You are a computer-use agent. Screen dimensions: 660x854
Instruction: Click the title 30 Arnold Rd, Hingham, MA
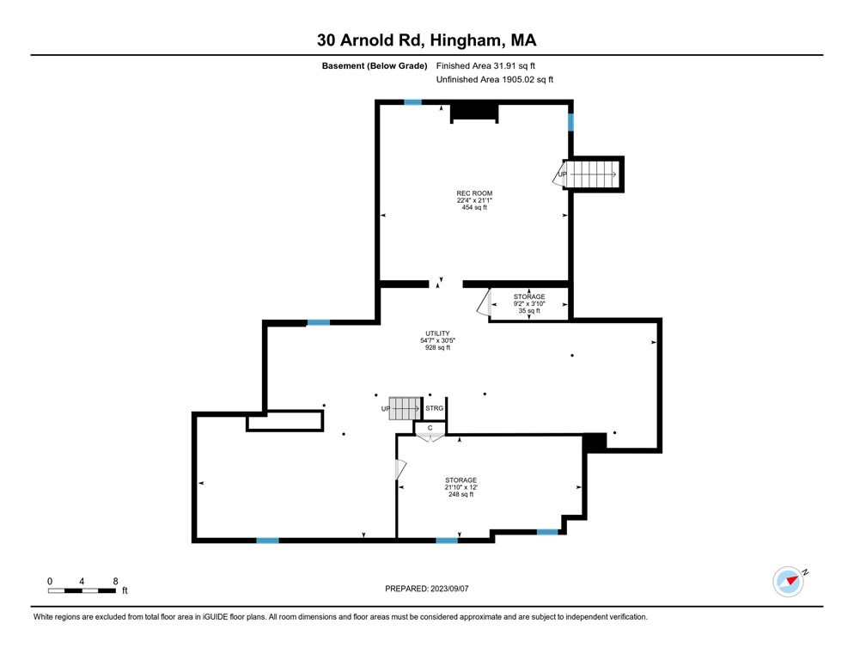coord(427,40)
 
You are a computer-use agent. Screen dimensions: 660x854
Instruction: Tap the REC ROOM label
coord(474,193)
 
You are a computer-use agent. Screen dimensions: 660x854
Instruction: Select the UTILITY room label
coord(437,333)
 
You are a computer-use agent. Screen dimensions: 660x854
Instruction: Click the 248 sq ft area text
coord(461,495)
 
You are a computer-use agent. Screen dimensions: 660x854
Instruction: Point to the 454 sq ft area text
coord(474,208)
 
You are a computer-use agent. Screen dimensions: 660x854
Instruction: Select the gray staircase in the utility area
coord(405,408)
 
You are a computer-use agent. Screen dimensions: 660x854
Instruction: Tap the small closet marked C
coord(429,427)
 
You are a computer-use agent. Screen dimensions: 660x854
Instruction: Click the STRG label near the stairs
coord(435,408)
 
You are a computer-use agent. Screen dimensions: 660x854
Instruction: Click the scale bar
coord(82,590)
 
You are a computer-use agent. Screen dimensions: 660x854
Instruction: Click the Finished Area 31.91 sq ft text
coord(491,65)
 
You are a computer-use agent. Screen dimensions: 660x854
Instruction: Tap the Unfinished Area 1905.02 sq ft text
coord(495,79)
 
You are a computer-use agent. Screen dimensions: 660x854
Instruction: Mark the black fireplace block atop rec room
coord(474,112)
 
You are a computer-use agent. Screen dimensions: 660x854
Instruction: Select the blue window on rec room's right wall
coord(570,122)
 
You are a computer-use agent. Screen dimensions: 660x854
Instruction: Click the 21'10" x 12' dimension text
coord(461,487)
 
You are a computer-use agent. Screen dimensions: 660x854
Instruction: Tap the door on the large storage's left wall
coord(400,470)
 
